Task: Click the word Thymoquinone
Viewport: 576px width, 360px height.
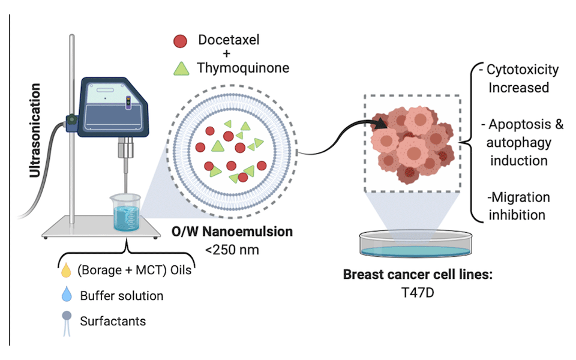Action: click(243, 68)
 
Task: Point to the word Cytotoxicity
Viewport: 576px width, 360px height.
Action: click(523, 70)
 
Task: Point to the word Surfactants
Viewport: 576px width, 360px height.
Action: click(113, 321)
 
